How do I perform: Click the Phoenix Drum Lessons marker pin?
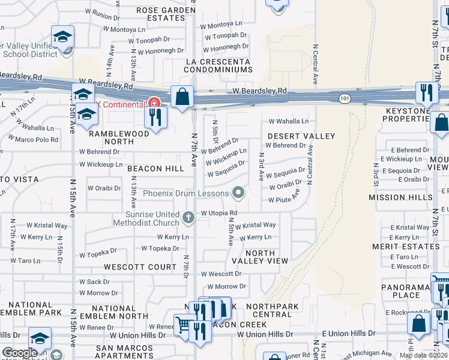(239, 193)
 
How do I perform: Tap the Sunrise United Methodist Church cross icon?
(188, 217)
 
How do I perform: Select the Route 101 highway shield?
(343, 98)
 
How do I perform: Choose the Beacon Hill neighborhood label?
(155, 169)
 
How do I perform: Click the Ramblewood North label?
(118, 134)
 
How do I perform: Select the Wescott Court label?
(140, 266)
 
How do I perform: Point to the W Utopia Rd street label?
(219, 213)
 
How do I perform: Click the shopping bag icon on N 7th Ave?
(181, 96)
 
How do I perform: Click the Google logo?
(19, 353)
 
